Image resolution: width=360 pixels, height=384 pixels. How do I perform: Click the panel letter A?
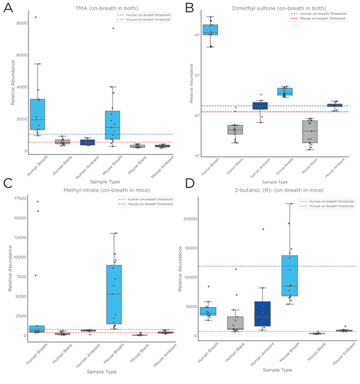coord(9,9)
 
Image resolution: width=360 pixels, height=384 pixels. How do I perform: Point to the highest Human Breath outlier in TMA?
coord(35,17)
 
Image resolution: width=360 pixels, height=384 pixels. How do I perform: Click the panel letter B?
coord(189,8)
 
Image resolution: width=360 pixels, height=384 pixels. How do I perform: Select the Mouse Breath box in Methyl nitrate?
coord(114,295)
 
